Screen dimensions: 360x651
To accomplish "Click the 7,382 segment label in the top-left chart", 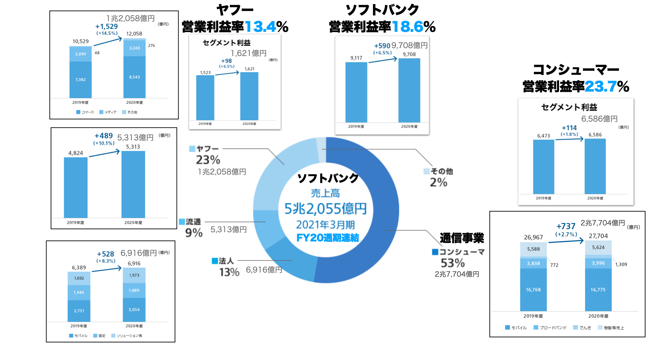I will [80, 80].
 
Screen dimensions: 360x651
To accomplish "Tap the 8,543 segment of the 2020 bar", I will [134, 77].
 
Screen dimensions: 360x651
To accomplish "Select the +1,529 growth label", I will [107, 27].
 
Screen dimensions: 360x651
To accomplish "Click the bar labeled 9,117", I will [356, 92].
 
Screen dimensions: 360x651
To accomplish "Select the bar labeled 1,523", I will [205, 97].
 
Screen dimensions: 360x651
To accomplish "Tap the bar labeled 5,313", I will [133, 184].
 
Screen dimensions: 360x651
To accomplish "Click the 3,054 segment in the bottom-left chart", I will [134, 309].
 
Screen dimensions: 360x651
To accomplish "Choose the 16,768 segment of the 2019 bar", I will [533, 290].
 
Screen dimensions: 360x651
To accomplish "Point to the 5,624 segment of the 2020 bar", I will [598, 248].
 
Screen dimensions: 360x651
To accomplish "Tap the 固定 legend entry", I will [99, 336].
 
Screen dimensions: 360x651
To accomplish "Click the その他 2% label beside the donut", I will [439, 177].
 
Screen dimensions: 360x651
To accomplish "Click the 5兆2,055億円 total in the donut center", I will [325, 209].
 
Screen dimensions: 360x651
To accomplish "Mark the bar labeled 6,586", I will [595, 166].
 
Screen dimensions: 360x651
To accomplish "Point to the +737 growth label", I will [566, 226].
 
